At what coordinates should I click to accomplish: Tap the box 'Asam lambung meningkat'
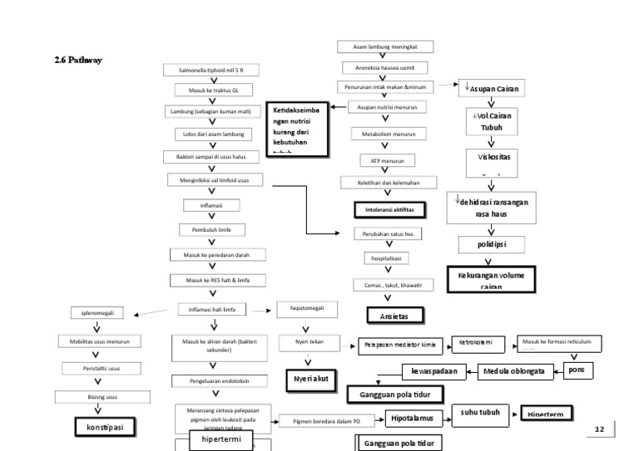pyautogui.click(x=385, y=47)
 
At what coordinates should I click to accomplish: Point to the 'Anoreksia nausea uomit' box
pyautogui.click(x=385, y=66)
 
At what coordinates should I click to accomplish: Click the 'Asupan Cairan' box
pyautogui.click(x=493, y=86)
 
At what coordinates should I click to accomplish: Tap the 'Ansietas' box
pyautogui.click(x=394, y=316)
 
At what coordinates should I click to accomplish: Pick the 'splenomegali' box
pyautogui.click(x=97, y=313)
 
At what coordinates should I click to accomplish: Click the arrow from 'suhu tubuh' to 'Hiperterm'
pyautogui.click(x=509, y=413)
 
